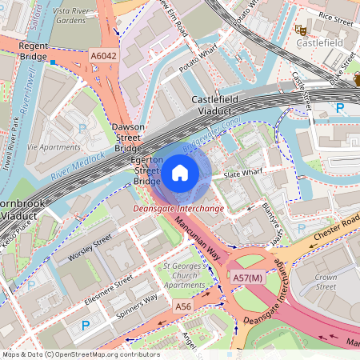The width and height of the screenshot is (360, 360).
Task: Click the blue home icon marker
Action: (180, 172)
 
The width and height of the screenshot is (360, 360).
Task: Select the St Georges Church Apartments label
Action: (184, 274)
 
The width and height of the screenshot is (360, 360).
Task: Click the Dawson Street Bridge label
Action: (128, 138)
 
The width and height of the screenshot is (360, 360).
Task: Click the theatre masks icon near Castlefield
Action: (300, 29)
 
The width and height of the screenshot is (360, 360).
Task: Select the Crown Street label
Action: (326, 281)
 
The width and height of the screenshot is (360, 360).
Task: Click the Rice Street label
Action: (335, 14)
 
